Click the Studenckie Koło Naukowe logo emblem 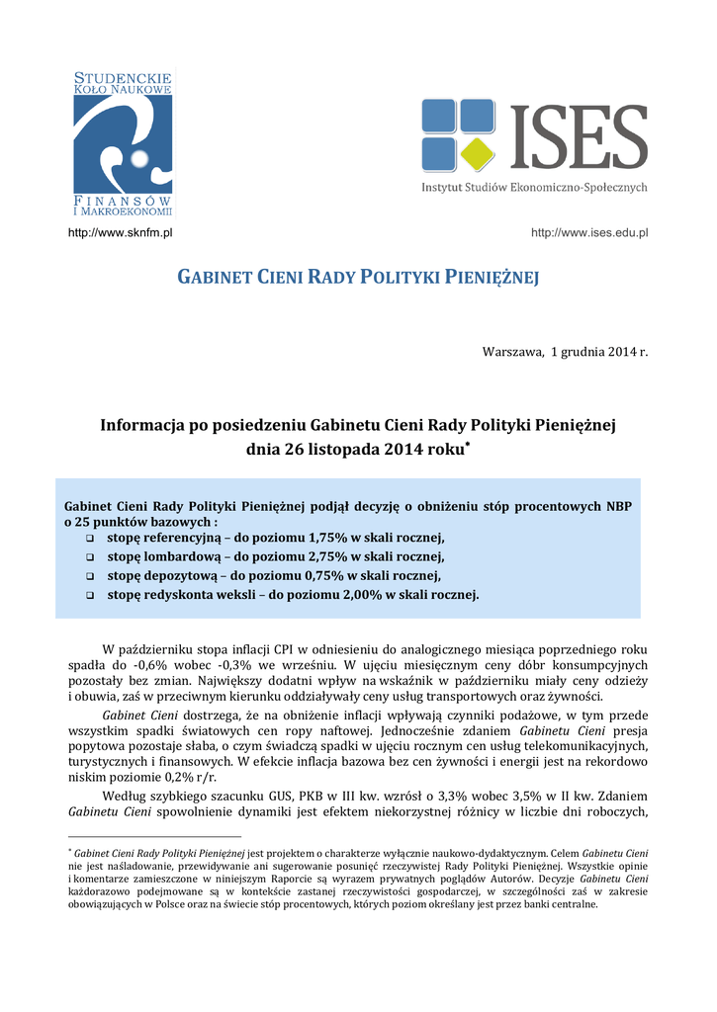pyautogui.click(x=123, y=145)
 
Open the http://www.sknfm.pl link pyautogui.click(x=120, y=232)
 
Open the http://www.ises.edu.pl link pyautogui.click(x=589, y=232)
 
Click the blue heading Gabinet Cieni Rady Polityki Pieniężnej pyautogui.click(x=358, y=277)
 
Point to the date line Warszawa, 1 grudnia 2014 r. pyautogui.click(x=564, y=352)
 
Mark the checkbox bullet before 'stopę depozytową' pyautogui.click(x=90, y=576)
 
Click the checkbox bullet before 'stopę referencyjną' pyautogui.click(x=90, y=538)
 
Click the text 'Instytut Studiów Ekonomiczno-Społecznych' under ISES pyautogui.click(x=534, y=187)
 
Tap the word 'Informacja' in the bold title pyautogui.click(x=140, y=426)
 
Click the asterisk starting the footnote pyautogui.click(x=70, y=850)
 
